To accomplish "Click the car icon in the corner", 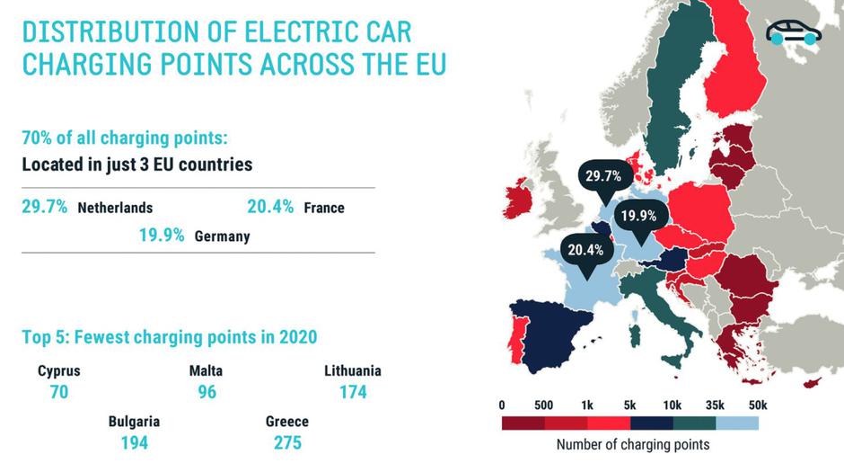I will tap(794, 33).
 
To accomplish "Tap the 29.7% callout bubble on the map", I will tap(602, 176).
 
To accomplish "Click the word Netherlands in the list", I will tap(115, 208).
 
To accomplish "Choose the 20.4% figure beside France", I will tap(270, 207).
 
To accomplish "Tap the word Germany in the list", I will tap(222, 237).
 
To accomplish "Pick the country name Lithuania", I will tap(352, 370).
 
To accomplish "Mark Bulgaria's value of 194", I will tap(134, 442).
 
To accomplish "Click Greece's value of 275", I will tap(287, 442).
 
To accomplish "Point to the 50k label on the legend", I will tap(757, 404).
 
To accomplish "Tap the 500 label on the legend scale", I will tap(543, 404).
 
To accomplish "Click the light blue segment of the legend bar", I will tap(737, 423).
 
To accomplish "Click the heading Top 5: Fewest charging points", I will tap(168, 338).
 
